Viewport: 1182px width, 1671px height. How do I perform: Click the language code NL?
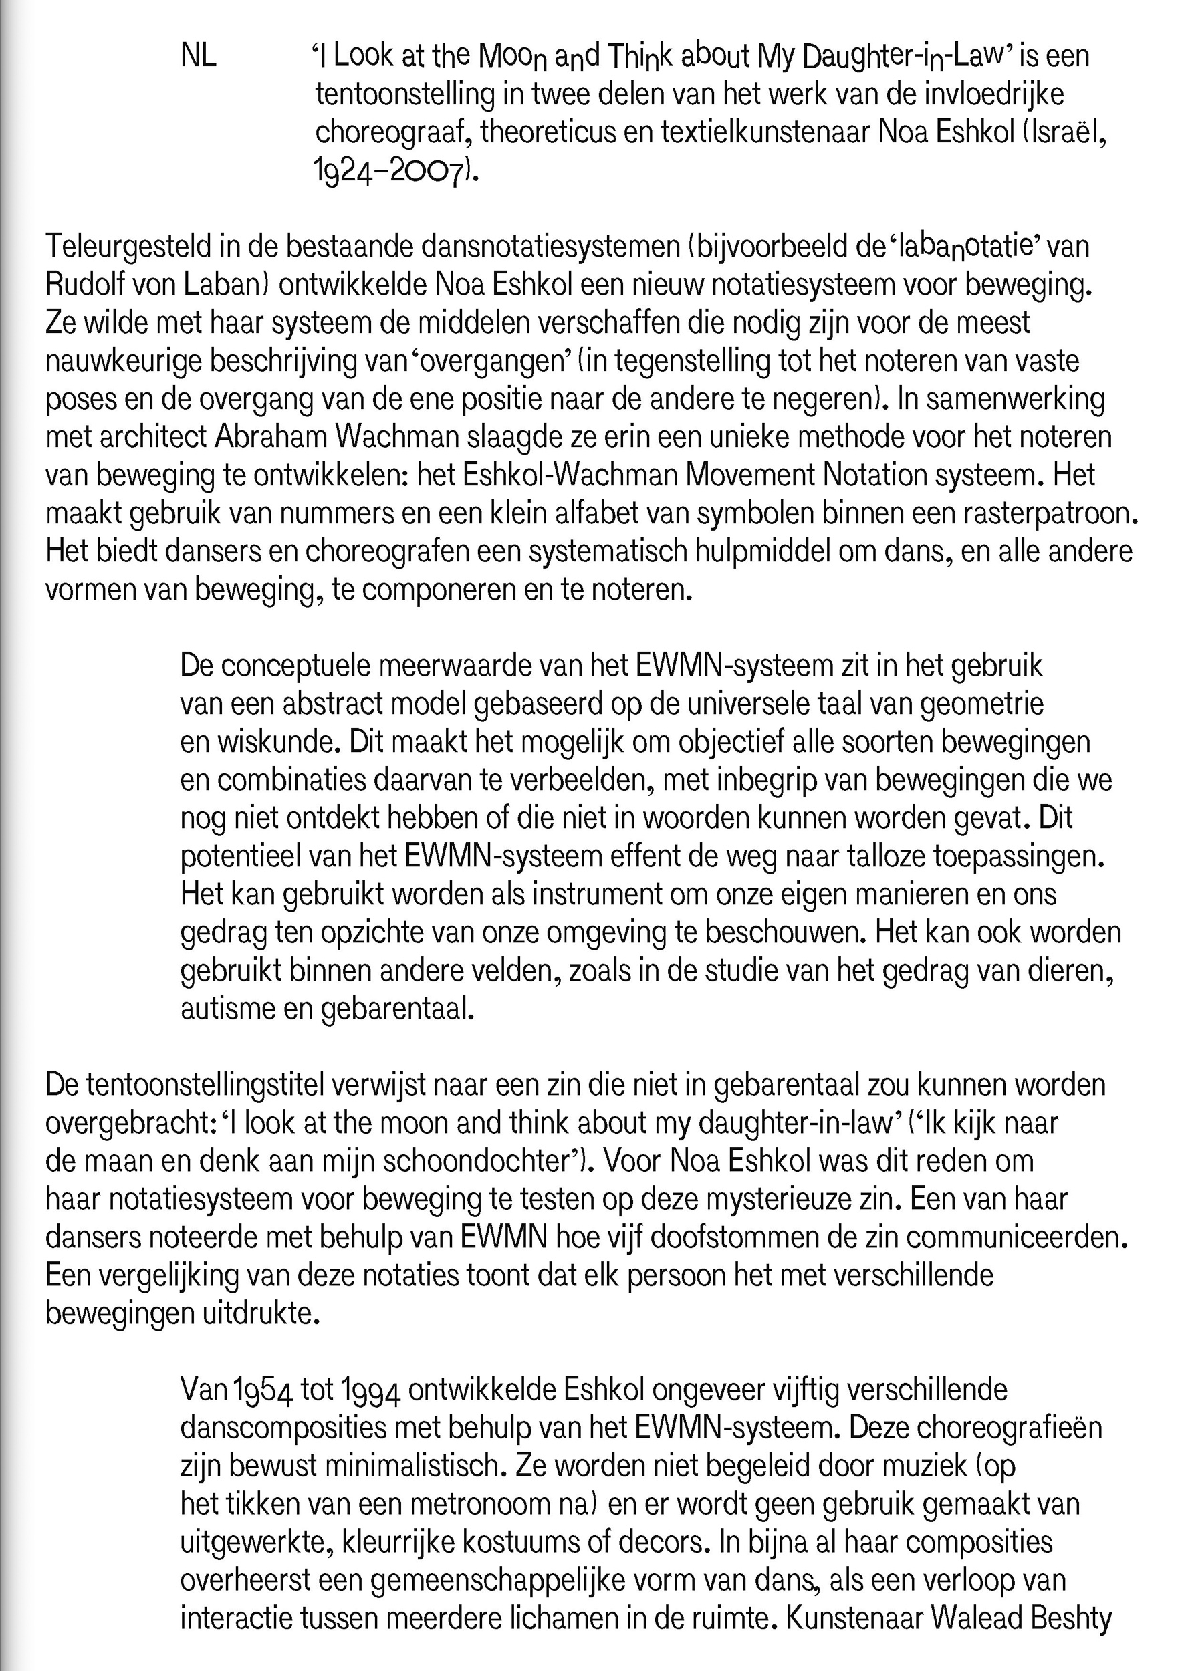[199, 57]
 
